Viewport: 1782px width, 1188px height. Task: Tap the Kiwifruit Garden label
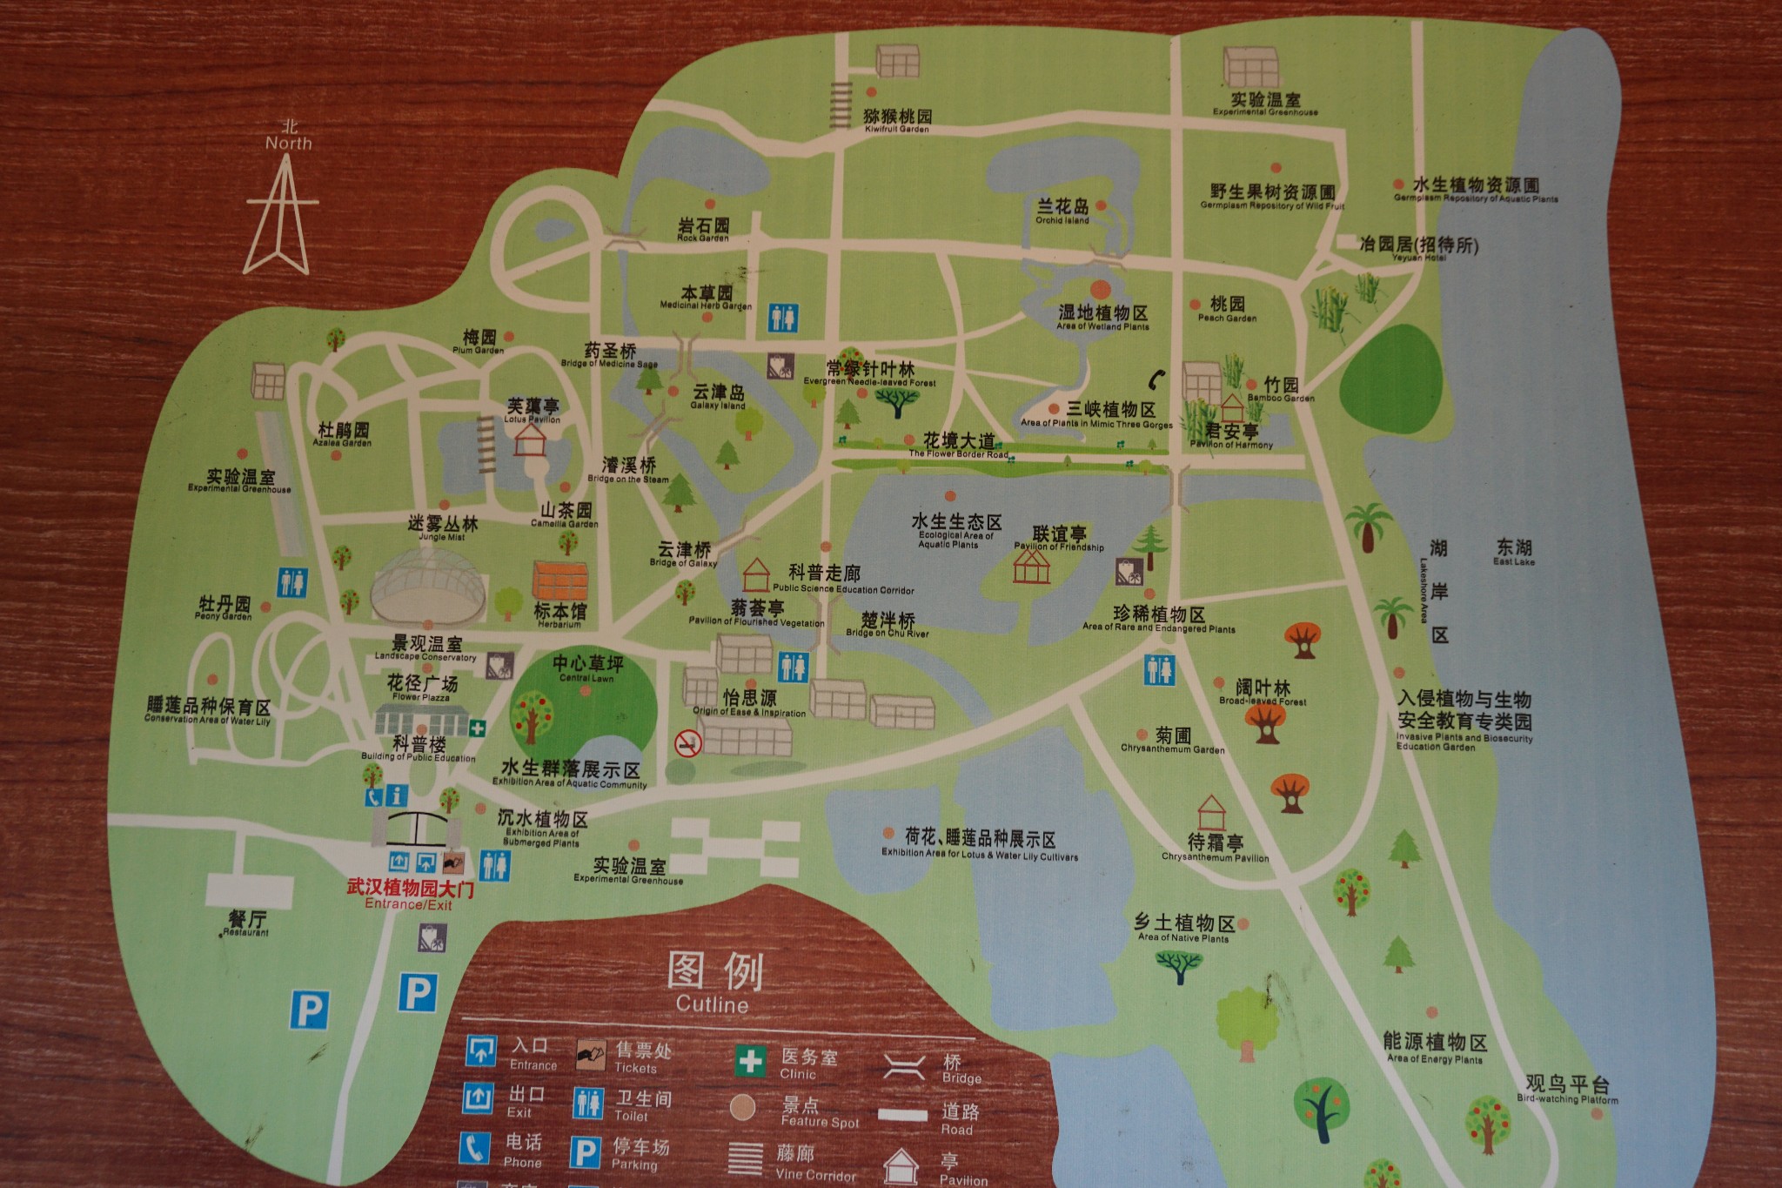coord(897,120)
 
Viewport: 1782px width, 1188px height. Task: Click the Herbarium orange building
coord(559,581)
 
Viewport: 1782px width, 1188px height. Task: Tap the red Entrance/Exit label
coord(410,895)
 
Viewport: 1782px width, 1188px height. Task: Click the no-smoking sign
coord(688,742)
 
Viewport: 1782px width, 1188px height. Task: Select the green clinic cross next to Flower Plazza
coord(477,728)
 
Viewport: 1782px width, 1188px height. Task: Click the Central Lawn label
coord(587,668)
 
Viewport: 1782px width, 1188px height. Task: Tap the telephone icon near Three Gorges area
coord(1156,379)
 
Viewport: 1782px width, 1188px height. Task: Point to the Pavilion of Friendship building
coord(1031,567)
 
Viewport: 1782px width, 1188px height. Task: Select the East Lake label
coord(1514,551)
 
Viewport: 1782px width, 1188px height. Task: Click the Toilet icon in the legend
coord(588,1103)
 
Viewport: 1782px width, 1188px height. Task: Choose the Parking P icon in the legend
coord(585,1152)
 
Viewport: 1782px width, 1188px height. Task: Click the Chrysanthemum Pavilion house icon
coord(1210,813)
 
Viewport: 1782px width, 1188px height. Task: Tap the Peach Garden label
coord(1227,308)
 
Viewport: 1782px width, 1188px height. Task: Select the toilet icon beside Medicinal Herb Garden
coord(782,318)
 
